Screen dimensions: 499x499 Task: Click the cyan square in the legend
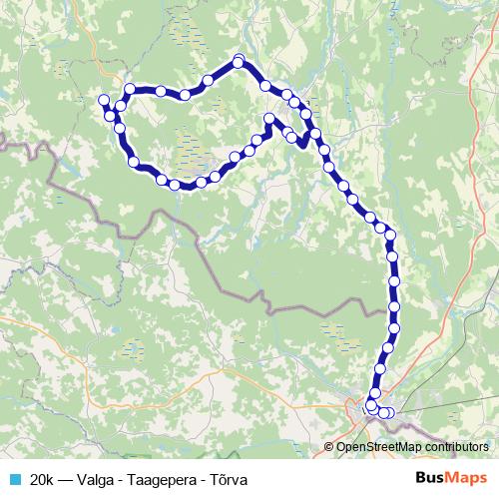point(14,479)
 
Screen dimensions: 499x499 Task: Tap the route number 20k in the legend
point(43,479)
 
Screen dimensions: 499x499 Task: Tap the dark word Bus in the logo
point(430,479)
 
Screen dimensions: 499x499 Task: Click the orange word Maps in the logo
point(467,479)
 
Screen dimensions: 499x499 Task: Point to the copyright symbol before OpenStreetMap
point(329,447)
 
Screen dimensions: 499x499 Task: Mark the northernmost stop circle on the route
point(239,62)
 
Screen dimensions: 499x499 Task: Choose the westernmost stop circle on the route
point(103,99)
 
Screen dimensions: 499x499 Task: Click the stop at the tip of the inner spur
point(268,120)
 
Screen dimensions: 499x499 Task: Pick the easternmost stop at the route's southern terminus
point(389,413)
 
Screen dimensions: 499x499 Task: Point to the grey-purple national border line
point(230,279)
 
